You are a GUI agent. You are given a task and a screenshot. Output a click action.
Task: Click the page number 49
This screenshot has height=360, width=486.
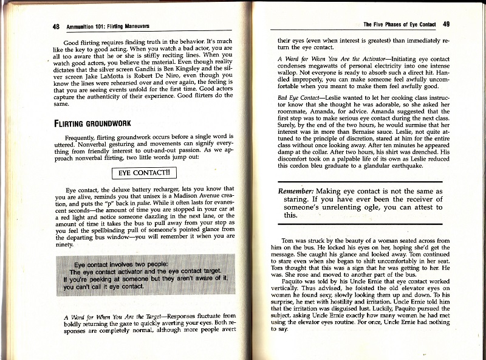447,24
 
